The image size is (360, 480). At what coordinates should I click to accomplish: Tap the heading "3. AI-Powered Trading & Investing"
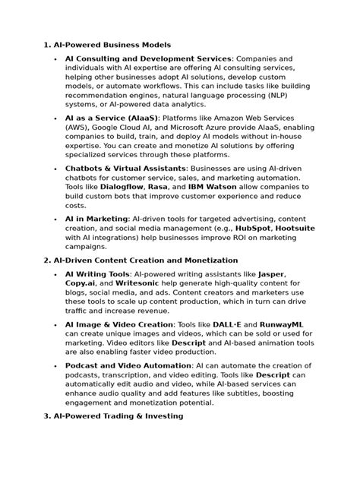[x=113, y=415]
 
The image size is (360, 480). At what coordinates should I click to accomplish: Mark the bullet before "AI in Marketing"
[x=56, y=218]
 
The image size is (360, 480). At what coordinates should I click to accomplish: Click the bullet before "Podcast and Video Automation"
[x=56, y=366]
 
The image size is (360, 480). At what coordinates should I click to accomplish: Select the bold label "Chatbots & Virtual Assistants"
[x=125, y=168]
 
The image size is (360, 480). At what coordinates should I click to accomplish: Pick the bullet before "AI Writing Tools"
[x=56, y=274]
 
